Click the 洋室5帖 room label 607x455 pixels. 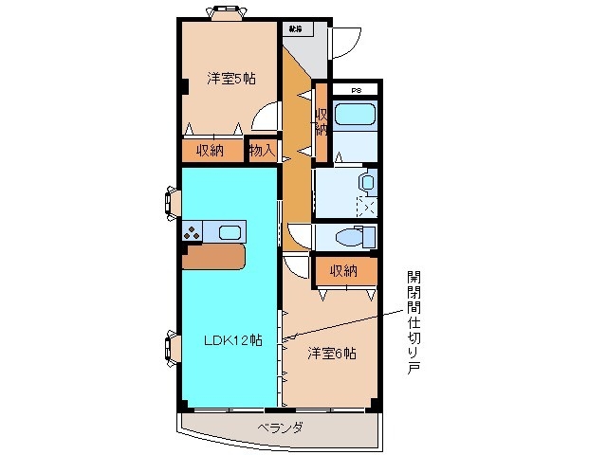pos(230,80)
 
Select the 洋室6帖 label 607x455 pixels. pos(331,354)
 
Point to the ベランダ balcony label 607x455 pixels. pos(280,428)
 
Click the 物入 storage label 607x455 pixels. pos(262,150)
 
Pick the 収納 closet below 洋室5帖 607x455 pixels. pos(211,150)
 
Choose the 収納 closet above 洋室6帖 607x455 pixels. pos(343,271)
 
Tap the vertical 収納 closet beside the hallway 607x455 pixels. pos(321,121)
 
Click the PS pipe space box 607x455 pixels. pos(357,90)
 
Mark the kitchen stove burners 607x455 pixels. pos(194,231)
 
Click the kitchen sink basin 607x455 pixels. pos(229,231)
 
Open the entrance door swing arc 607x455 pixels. pos(345,40)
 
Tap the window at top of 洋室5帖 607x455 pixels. pos(227,12)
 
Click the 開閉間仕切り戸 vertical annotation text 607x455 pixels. pos(413,322)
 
